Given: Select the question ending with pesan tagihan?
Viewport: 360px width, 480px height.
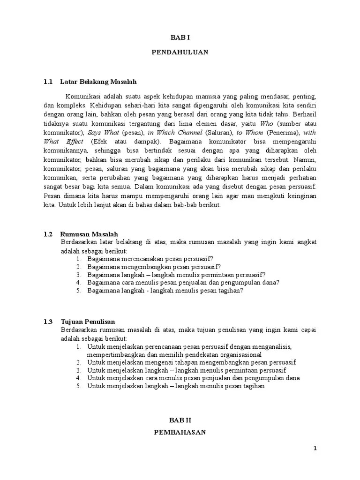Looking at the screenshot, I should click(165, 291).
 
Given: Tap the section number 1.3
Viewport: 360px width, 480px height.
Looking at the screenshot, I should click(48, 322).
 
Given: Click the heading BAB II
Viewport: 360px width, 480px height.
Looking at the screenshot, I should click(180, 420).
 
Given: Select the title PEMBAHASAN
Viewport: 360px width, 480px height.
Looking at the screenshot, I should click(180, 433).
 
